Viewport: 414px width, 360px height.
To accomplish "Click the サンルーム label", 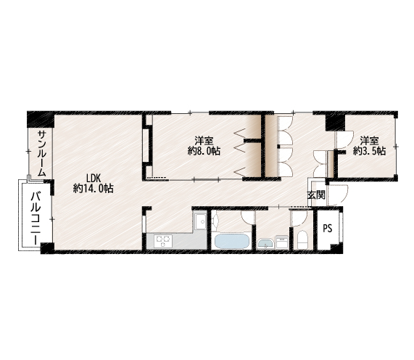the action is tap(42, 153).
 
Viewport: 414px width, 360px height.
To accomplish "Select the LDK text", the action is tap(94, 178).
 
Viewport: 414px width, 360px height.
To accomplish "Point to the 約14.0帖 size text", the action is tap(94, 189).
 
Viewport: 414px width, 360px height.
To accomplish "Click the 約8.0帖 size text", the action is tap(204, 151).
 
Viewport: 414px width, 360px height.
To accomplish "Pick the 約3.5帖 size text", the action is tap(369, 151).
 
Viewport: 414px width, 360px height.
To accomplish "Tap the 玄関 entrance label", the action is tap(316, 195).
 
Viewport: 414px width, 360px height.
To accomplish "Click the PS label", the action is tap(328, 228).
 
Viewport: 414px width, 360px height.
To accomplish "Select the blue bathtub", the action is tap(231, 241).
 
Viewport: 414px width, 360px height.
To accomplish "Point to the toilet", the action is tap(302, 240).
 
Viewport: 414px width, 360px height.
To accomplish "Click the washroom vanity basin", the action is tap(266, 243).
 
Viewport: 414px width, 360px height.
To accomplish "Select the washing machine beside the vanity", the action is tap(282, 242).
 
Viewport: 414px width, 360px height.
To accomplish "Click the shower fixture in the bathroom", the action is tap(215, 220).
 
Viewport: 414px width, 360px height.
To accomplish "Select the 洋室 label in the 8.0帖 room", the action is tap(204, 140).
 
